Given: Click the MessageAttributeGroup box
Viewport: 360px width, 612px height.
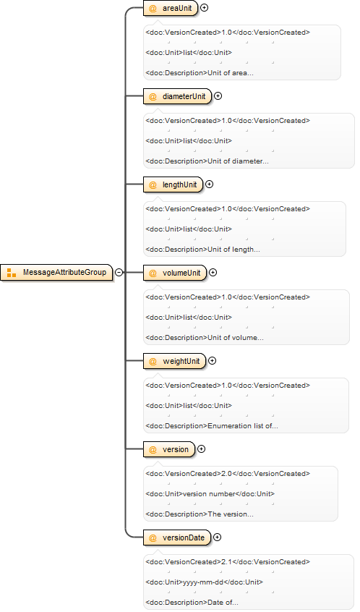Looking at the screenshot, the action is [56, 273].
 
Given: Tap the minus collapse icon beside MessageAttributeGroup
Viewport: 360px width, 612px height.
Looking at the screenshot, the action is [119, 273].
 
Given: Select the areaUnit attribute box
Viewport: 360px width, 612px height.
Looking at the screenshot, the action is [171, 8].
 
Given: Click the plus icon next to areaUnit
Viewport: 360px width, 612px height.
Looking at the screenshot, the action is [204, 8].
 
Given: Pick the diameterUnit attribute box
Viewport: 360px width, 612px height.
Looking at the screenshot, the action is [177, 96].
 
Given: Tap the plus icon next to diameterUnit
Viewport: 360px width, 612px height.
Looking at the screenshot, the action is [218, 96].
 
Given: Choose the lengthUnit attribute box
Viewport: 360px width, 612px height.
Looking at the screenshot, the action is [173, 184].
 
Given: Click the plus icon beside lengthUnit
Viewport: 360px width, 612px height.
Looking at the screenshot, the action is [210, 184].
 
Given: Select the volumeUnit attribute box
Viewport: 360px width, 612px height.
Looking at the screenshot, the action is [175, 273].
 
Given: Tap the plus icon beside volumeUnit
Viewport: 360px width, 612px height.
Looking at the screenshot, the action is [213, 273].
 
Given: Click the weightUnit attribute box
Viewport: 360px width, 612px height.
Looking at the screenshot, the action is [175, 361].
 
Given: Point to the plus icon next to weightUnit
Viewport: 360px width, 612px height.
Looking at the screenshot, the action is [213, 361].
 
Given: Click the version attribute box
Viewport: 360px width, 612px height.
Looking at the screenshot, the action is [169, 449].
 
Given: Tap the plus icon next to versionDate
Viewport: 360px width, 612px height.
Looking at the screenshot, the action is [218, 537].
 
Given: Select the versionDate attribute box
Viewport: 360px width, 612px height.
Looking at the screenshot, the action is [177, 537].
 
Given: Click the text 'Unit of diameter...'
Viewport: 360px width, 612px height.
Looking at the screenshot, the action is [238, 161].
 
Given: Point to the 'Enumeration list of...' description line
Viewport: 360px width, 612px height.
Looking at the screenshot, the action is [212, 426].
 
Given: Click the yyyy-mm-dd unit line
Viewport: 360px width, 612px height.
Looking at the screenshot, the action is [205, 582].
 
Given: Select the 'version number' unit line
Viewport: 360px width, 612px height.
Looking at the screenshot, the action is [210, 494].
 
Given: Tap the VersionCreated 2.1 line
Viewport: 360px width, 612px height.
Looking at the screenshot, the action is [228, 561].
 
